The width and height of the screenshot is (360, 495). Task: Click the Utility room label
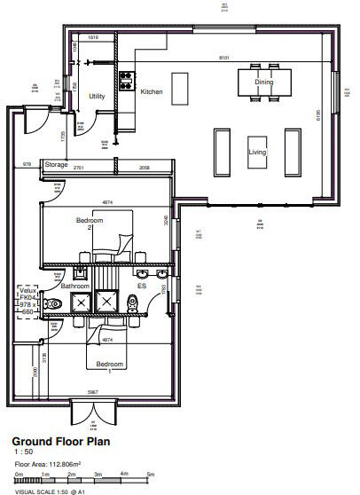[x=97, y=96]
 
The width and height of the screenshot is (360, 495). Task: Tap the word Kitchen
[x=151, y=90]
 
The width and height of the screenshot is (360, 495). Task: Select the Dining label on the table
[x=264, y=82]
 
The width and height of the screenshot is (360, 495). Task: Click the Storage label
[x=57, y=165]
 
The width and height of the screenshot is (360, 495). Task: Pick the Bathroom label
[x=74, y=286]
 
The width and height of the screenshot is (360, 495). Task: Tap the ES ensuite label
[x=140, y=286]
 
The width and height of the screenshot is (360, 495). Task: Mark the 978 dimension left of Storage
[x=26, y=165]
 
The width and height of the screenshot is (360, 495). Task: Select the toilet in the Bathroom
[x=54, y=304]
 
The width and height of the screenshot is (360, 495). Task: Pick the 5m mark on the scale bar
[x=151, y=475]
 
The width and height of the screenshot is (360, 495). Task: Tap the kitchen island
[x=181, y=87]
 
